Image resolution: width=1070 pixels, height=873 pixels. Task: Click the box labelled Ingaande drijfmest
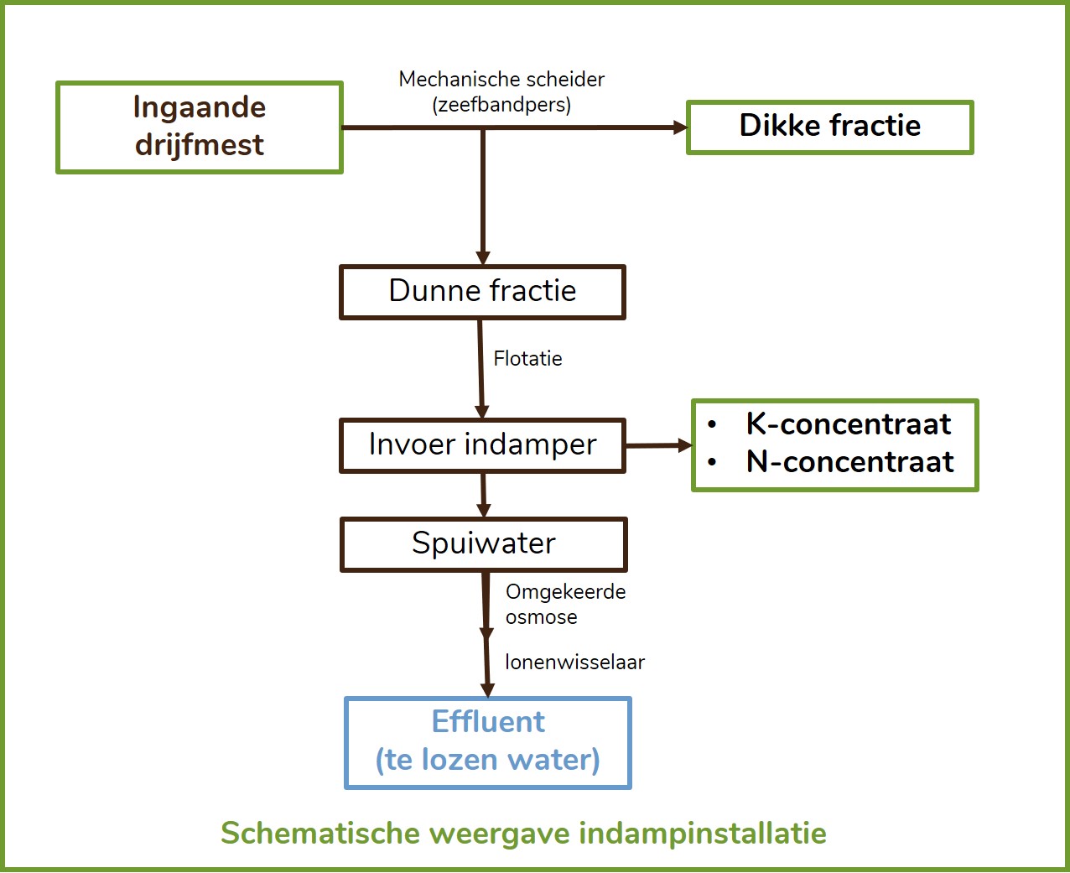tap(200, 127)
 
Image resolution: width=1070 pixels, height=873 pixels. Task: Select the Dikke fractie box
tap(830, 127)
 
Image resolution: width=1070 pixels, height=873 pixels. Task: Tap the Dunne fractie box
tap(482, 292)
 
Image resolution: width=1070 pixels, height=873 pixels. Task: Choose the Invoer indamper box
tap(482, 446)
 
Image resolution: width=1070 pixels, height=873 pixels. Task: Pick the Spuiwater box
tap(484, 545)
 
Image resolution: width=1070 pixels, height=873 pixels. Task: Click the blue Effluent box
tap(488, 743)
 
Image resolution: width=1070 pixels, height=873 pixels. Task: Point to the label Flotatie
tap(527, 359)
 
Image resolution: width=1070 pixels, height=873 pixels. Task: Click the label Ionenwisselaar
tap(574, 662)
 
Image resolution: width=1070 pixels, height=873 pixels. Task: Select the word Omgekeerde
tap(566, 592)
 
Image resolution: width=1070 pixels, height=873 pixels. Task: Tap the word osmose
tap(542, 617)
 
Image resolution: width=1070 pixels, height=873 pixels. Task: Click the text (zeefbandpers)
tap(501, 105)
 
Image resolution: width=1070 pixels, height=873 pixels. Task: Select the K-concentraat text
tap(849, 424)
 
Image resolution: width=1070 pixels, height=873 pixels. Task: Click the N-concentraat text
tap(849, 462)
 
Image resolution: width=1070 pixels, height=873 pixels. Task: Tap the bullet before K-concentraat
tap(712, 424)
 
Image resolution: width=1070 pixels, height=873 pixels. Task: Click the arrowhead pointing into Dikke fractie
tap(680, 127)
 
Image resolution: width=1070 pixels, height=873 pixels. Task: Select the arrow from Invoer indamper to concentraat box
tap(659, 445)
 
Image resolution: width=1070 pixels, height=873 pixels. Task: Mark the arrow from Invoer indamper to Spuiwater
tap(484, 496)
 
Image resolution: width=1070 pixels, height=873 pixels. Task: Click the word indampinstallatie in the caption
tap(703, 834)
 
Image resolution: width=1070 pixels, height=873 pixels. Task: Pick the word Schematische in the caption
tap(320, 833)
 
